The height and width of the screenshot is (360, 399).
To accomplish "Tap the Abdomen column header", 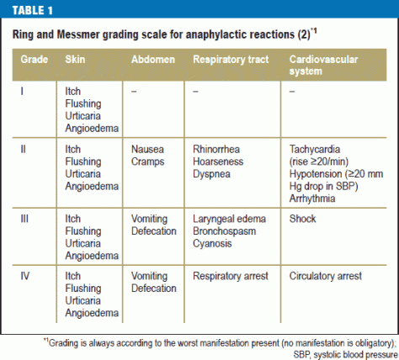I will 153,62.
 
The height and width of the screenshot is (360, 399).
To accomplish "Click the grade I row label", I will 23,87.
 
